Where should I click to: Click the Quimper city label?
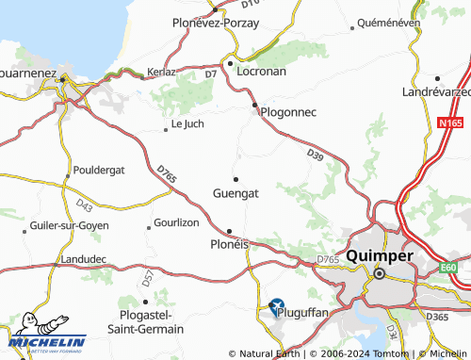[380, 255]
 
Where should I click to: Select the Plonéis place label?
[228, 243]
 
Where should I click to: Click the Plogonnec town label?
[288, 113]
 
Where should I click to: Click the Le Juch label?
[187, 123]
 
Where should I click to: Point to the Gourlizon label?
[176, 223]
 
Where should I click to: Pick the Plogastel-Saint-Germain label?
[152, 321]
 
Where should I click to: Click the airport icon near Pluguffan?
[277, 306]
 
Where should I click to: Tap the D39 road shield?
[315, 154]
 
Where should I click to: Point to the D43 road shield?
[84, 205]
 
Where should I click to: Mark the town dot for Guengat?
[235, 178]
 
